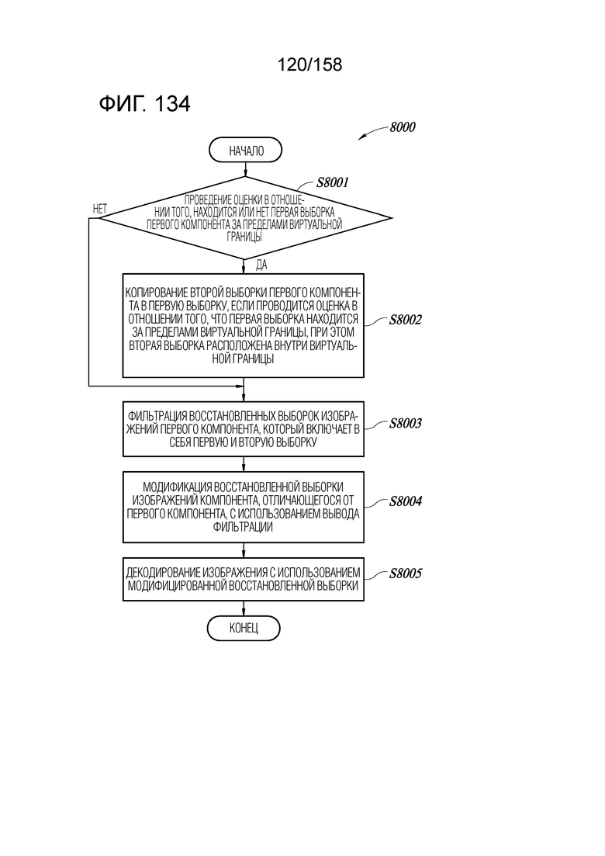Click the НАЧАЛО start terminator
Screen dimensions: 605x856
pos(245,151)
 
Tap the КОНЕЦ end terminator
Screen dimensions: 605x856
pos(244,629)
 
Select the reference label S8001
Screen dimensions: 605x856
pos(332,182)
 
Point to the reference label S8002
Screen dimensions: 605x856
pos(405,320)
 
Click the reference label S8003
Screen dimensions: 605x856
pos(405,423)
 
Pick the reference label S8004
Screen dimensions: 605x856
pos(405,501)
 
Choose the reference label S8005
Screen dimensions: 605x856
pos(405,574)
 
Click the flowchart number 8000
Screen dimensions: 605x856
pos(403,127)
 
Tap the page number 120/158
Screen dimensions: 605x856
pos(309,64)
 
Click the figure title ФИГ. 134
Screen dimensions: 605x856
pos(144,103)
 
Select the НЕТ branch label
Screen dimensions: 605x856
pos(100,209)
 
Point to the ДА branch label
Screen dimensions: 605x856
pos(261,265)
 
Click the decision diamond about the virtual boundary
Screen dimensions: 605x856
pos(245,218)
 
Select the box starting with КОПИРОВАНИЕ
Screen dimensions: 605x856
pos(244,325)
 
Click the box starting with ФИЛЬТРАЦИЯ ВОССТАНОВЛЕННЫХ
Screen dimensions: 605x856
pos(244,429)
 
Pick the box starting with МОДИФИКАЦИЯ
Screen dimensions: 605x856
pos(244,507)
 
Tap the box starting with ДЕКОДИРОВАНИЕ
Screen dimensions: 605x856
pos(244,579)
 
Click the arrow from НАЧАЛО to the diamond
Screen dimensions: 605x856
pos(245,170)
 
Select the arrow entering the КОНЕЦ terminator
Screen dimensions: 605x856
pos(244,608)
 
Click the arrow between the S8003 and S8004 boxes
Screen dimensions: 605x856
pos(244,464)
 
